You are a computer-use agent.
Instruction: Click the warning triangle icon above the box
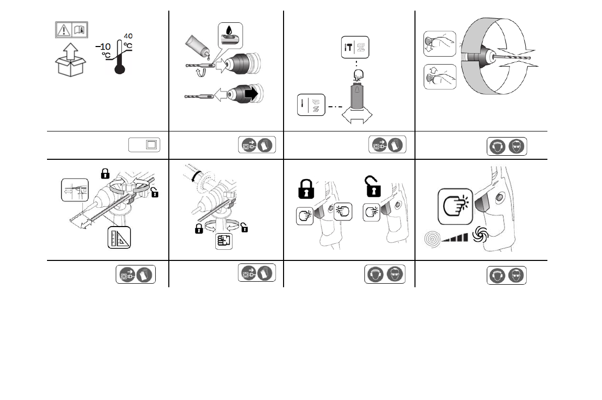(63, 30)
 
